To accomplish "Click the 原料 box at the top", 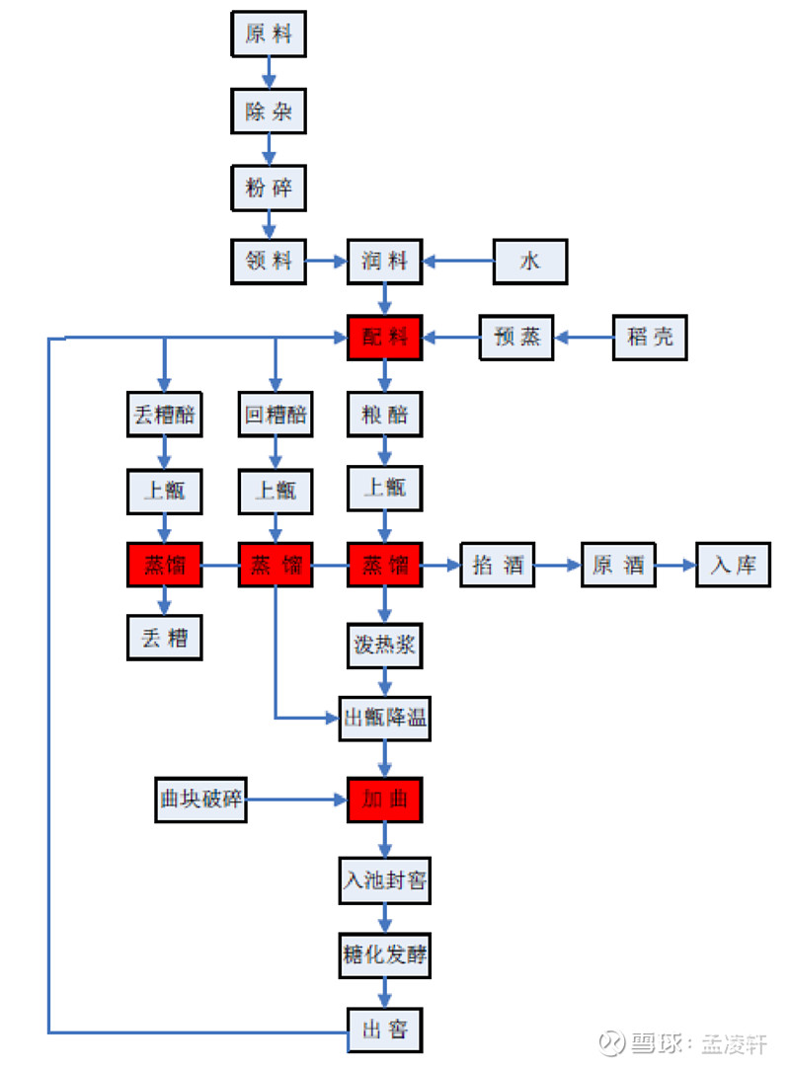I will [269, 34].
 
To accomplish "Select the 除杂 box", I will [269, 111].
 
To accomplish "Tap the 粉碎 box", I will [269, 187].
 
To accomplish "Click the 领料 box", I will [269, 262].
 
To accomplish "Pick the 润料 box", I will [385, 262].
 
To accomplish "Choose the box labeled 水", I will [531, 262].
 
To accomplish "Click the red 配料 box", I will [385, 338].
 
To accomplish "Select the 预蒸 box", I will [517, 338].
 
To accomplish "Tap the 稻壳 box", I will [650, 338].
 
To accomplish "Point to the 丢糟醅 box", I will [165, 415].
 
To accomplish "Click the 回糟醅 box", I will [276, 415].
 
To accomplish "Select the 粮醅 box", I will [385, 415].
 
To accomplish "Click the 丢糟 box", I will [165, 638].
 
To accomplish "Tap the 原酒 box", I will [618, 565].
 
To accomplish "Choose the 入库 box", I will [734, 565].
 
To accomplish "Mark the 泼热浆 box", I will [385, 646].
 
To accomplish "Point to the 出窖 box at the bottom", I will [385, 1030].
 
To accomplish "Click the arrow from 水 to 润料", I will [459, 262].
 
